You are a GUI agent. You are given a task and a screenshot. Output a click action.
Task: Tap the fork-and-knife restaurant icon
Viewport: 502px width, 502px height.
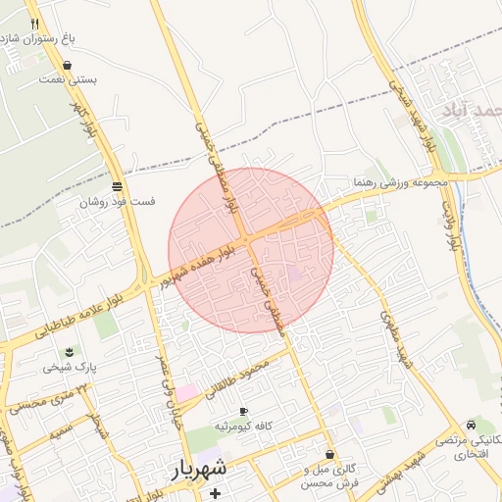point(35,23)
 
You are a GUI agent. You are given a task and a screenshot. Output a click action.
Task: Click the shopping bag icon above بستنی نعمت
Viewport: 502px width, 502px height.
point(67,66)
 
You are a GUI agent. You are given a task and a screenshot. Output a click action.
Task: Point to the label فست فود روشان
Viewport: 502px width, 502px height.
point(118,201)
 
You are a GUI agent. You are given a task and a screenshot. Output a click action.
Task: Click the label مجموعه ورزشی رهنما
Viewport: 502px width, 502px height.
point(401,182)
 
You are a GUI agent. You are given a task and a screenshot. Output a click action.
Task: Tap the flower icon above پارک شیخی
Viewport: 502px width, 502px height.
point(69,352)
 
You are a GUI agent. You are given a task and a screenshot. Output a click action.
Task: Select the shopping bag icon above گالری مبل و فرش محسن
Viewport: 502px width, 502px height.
point(328,455)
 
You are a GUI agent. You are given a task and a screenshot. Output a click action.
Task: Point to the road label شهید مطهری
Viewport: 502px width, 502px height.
point(393,339)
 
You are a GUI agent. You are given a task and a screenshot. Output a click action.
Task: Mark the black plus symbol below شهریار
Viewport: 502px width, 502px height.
point(215,492)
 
